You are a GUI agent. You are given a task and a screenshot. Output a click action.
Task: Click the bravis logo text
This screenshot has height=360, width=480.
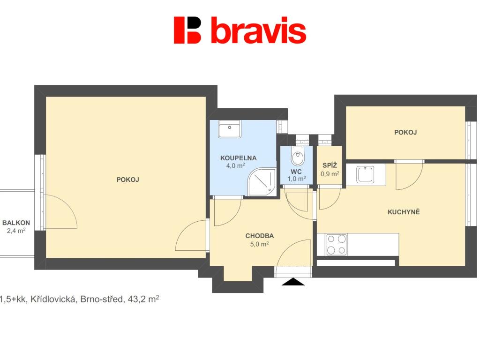point(258,30)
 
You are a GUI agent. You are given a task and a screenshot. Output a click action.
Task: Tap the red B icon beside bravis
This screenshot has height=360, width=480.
point(187,30)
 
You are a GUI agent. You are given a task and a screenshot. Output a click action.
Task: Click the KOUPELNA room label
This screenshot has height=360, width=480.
point(239,158)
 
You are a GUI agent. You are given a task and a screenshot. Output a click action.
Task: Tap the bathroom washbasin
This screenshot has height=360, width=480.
point(230,128)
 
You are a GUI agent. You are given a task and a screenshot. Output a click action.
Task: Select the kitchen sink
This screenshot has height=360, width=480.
point(365,174)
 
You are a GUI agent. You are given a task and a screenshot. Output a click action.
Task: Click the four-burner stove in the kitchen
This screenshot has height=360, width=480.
point(337,244)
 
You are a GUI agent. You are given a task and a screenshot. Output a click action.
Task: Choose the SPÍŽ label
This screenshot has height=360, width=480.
point(330,165)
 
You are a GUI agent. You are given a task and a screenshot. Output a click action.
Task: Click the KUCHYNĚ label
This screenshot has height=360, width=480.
point(404,212)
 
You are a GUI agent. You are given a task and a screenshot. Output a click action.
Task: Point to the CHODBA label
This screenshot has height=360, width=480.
point(259,236)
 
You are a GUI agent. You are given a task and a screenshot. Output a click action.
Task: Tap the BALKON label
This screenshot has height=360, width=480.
point(16,223)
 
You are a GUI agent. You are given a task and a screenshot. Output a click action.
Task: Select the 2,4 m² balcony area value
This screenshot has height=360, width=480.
point(16,231)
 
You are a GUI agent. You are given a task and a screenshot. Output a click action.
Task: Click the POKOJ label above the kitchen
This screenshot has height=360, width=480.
point(405,132)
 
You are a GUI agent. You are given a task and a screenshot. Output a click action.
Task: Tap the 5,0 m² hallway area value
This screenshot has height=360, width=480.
point(259,244)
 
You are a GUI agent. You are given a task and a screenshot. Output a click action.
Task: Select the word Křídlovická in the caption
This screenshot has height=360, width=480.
point(53,299)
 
